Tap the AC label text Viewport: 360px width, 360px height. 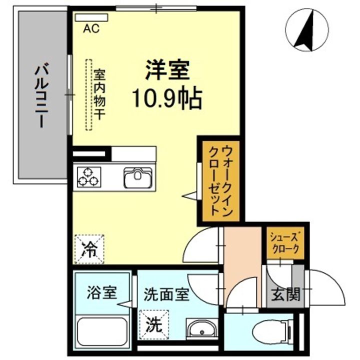coord(91,28)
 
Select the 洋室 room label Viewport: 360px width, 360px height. coord(167,70)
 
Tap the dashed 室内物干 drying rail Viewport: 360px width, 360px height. coord(89,95)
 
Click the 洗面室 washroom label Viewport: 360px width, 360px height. coord(166,294)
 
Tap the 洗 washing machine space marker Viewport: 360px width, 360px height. coord(153,324)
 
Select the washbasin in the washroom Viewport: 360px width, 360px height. coord(201,330)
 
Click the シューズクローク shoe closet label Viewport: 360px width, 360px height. coord(284,242)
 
